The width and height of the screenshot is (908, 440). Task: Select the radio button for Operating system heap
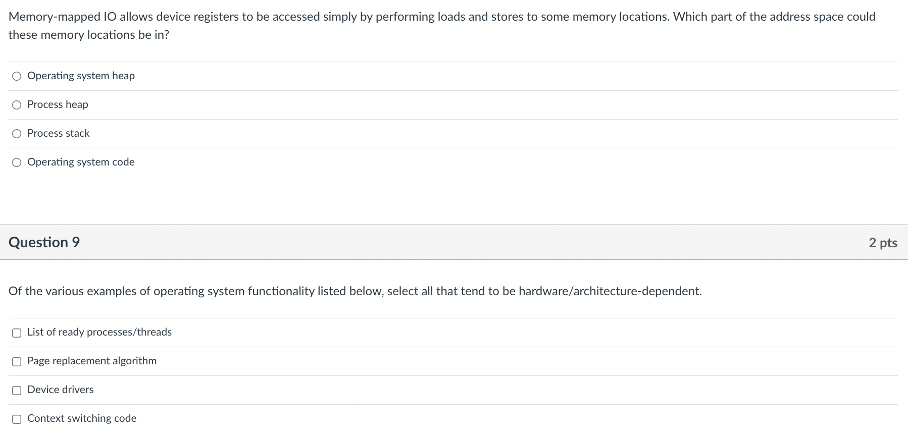17,76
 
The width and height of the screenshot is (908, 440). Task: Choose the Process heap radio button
17,105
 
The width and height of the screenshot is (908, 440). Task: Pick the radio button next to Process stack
17,134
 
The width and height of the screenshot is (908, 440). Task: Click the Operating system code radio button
17,162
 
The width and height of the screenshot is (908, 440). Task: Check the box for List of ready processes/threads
17,333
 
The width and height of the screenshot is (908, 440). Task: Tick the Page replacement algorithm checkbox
17,361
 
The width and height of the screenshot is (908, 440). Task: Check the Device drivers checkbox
17,390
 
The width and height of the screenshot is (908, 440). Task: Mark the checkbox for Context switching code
17,419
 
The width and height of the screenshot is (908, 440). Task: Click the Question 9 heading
44,242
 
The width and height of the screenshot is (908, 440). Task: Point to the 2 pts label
883,243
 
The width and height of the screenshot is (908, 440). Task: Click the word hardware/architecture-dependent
610,291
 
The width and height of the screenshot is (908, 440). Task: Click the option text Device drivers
61,390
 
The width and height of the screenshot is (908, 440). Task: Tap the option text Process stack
59,133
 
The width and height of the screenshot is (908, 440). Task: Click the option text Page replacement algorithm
92,361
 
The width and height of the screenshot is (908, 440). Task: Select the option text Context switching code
82,418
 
